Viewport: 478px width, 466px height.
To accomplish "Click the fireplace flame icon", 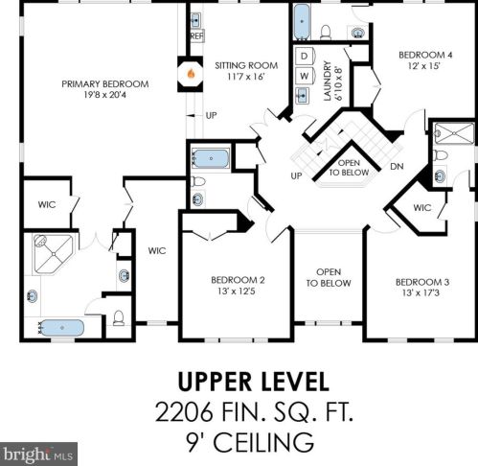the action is tap(191, 74).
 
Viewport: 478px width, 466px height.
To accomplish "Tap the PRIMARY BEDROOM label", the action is tap(105, 84).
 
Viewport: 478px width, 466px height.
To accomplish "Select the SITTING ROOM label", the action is tap(246, 65).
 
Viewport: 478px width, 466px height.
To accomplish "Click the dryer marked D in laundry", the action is tap(305, 57).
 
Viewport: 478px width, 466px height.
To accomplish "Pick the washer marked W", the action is tap(305, 76).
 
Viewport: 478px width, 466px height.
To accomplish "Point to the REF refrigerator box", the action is tap(197, 35).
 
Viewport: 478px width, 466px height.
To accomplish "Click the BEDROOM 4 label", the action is tap(425, 55).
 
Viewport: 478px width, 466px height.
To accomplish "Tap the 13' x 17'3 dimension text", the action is tap(421, 292).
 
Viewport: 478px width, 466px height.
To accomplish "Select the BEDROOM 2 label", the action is tap(238, 280).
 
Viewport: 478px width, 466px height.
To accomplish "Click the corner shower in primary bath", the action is tap(54, 254).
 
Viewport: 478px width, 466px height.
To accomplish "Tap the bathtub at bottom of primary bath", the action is tap(62, 328).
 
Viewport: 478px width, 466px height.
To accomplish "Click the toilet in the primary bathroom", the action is tap(119, 317).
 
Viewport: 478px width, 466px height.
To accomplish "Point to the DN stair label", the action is tap(397, 167).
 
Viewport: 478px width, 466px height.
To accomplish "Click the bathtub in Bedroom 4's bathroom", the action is tap(302, 22).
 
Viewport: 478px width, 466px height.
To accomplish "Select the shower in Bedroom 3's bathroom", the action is tap(454, 133).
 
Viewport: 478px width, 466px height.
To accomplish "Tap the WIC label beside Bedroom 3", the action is tap(422, 208).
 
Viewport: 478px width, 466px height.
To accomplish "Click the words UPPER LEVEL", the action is tap(253, 382).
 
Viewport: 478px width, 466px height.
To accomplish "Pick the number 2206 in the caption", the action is tap(184, 412).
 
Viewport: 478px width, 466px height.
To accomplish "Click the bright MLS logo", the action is tap(38, 454).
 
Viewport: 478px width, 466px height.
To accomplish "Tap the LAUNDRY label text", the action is tap(328, 81).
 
